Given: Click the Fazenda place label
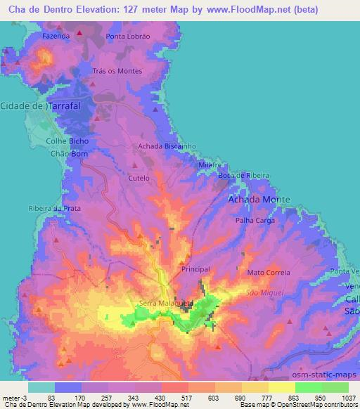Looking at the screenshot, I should (x=56, y=35).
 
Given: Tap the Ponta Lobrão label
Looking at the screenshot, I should (x=128, y=36).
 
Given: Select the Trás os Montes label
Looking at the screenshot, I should (x=117, y=71).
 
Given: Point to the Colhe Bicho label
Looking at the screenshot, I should (x=67, y=141).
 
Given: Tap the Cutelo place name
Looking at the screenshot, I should (x=139, y=178).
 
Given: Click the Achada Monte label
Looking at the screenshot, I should (x=259, y=200).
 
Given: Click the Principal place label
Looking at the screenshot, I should (x=195, y=269).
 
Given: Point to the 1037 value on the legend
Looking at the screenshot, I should (x=347, y=397).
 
